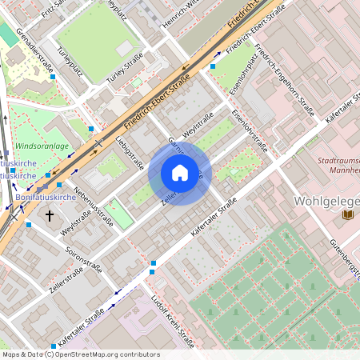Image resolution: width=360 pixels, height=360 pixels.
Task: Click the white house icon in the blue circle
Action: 180,172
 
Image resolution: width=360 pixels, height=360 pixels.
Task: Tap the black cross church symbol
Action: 50,215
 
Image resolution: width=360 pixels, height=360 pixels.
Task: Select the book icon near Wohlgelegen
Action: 346,214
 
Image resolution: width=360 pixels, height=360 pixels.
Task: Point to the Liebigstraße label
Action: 129,153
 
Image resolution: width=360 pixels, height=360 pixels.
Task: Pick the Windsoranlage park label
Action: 42,147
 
